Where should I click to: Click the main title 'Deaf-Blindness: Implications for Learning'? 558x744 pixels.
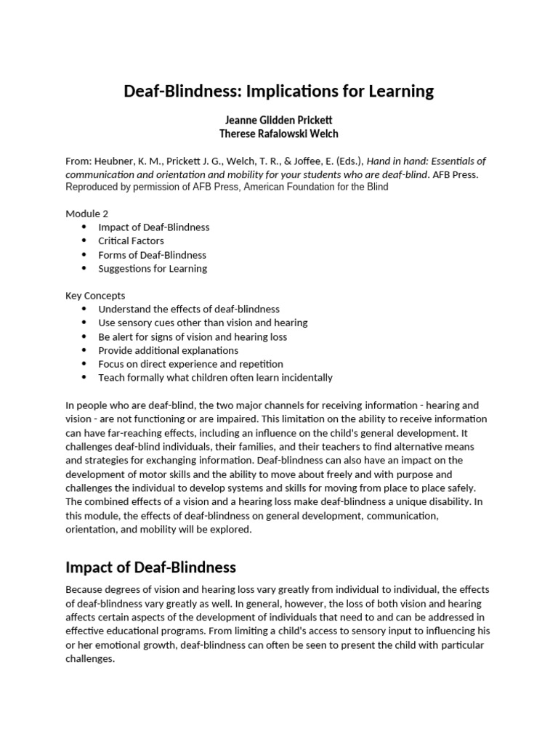tap(278, 92)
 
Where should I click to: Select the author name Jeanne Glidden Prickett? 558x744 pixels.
tap(278, 121)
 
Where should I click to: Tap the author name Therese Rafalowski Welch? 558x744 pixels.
tap(278, 134)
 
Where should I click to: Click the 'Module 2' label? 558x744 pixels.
tap(86, 214)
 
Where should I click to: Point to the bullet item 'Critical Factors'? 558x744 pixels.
tap(132, 240)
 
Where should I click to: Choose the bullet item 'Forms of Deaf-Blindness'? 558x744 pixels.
tap(153, 255)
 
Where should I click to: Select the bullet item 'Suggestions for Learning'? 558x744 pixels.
tap(153, 268)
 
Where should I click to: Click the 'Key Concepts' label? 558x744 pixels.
tap(95, 296)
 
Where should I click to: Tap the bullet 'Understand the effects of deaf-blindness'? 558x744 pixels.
tap(189, 309)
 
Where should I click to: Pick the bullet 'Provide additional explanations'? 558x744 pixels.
tap(169, 350)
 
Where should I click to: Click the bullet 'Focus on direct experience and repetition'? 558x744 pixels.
tap(191, 364)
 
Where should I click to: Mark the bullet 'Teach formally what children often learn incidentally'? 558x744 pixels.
tap(216, 378)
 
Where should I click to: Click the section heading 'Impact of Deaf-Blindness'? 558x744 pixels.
tap(150, 567)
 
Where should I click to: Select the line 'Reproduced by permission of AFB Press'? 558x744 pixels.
tap(227, 187)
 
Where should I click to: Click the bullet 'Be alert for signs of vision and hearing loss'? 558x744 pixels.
tap(193, 337)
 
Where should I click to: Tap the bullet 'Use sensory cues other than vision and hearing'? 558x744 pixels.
tap(203, 323)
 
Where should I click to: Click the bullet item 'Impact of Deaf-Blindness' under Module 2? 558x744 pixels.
tap(154, 227)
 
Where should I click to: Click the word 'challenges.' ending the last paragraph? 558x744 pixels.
tap(90, 659)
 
